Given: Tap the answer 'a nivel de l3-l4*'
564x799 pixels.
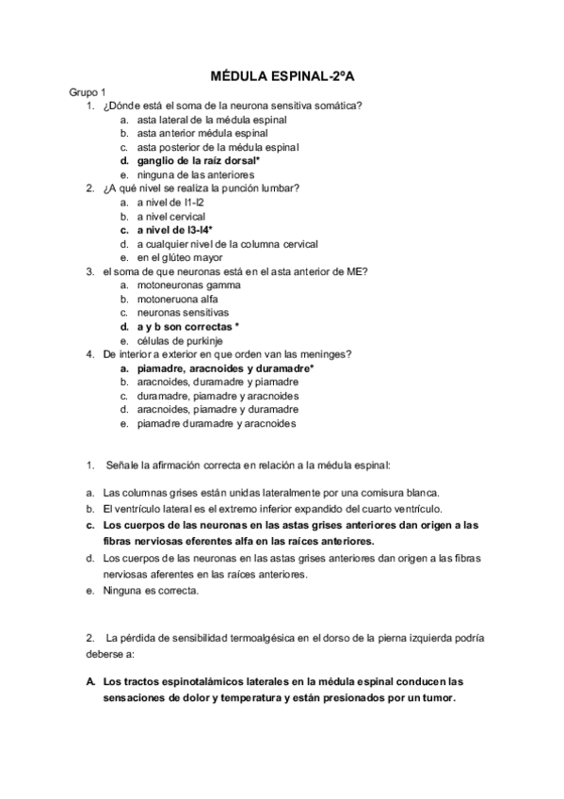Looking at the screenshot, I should click(x=174, y=229).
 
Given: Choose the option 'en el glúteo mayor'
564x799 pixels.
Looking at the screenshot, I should click(x=179, y=257).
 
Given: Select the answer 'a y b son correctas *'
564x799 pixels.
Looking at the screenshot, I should click(x=185, y=326).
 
